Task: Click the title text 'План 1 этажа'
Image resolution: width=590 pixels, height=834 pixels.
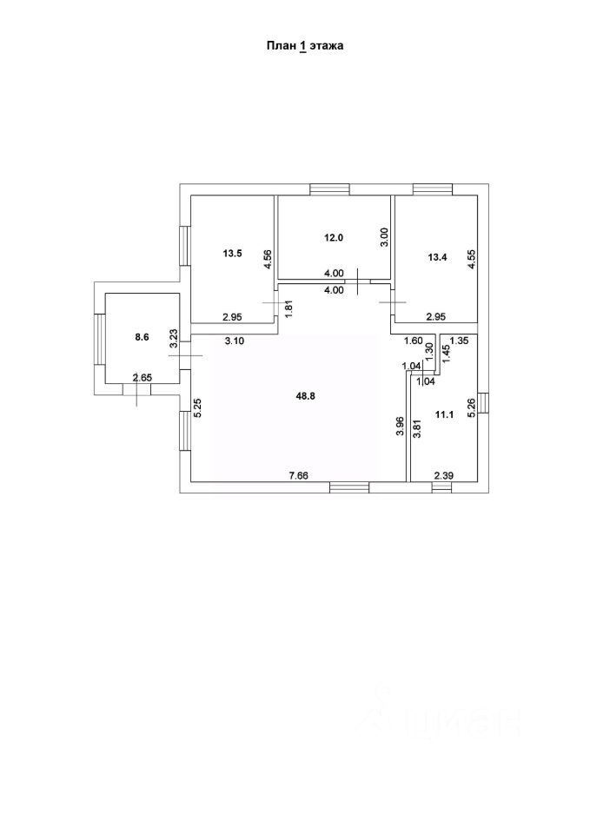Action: point(304,47)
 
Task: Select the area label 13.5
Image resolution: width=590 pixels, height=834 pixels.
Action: point(232,254)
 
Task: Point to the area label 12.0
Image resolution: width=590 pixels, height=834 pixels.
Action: point(335,237)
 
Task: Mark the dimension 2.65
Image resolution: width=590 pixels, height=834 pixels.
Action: point(142,377)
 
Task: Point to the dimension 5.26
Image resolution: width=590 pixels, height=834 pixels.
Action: point(471,407)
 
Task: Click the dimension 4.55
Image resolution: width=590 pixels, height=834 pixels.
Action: point(471,261)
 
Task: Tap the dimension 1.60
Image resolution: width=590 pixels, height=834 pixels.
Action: point(413,341)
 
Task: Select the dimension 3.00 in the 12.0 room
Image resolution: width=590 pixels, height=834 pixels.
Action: point(384,237)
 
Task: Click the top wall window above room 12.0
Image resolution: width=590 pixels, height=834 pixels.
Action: point(329,189)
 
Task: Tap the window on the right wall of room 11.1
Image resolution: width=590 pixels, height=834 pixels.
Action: point(483,405)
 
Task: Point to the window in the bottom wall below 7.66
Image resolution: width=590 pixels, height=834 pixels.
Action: point(348,487)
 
